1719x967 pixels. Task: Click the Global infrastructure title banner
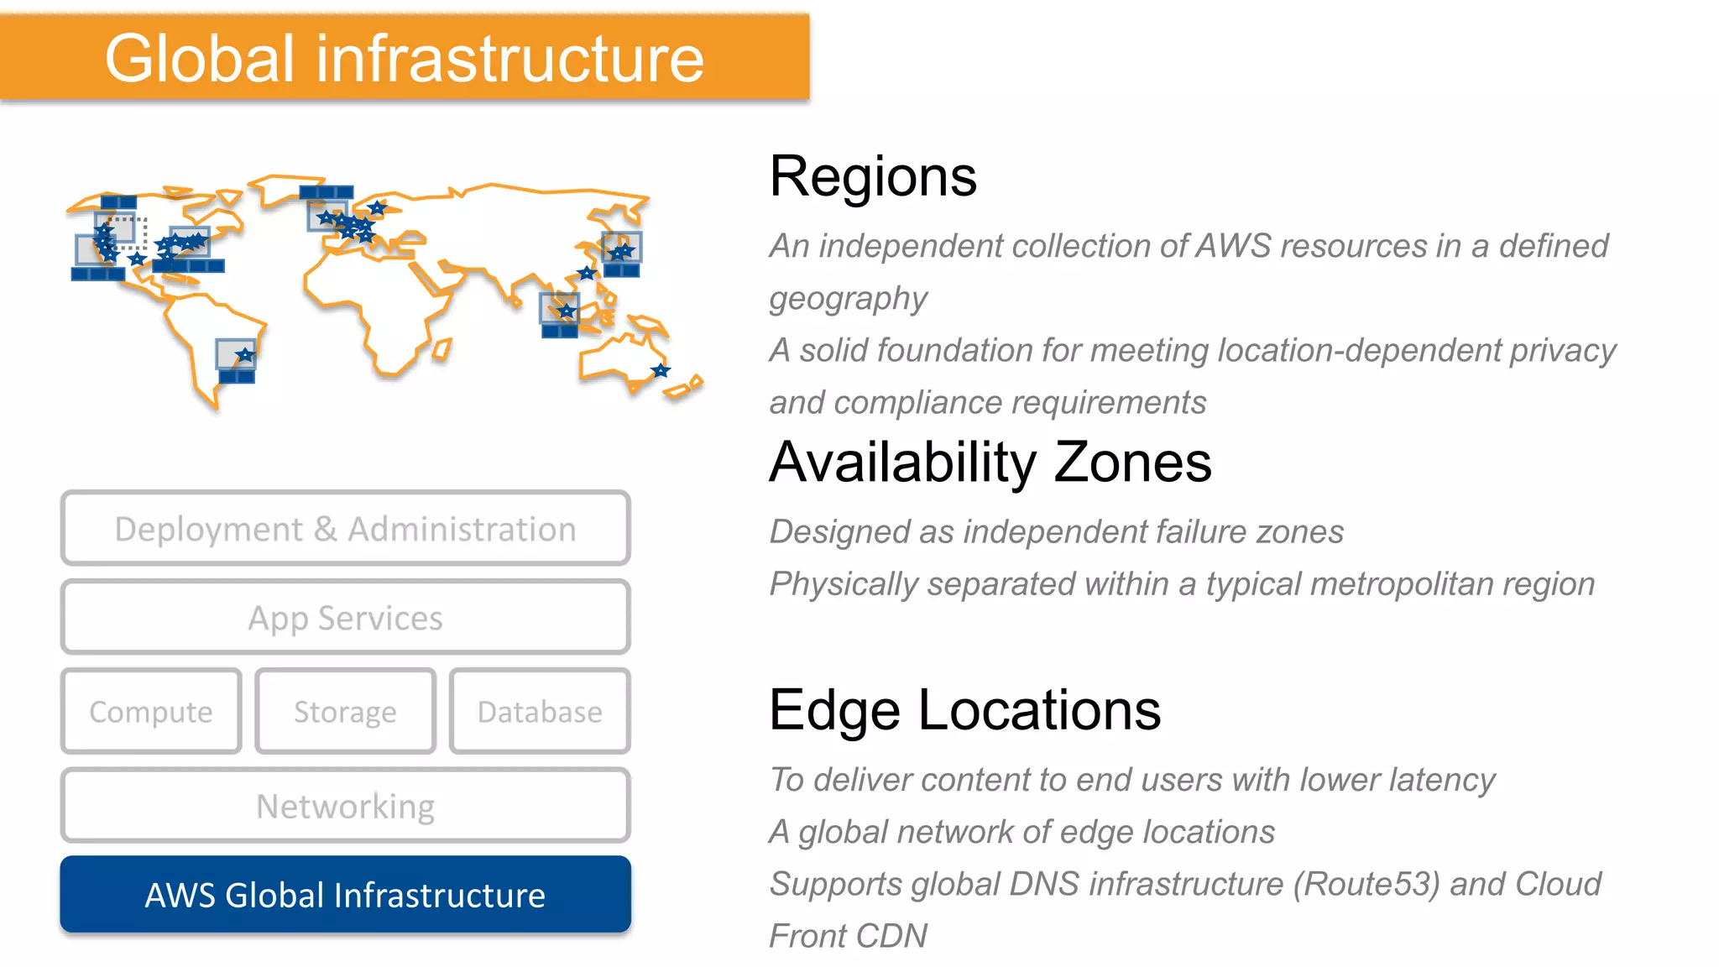405,58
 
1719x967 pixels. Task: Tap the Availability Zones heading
990,463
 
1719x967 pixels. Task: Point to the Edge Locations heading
965,710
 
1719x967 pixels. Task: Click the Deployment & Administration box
345,529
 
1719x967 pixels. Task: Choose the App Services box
345,618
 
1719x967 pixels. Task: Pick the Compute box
151,712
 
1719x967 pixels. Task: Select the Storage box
345,712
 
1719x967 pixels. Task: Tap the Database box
540,712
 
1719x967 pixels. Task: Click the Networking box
345,806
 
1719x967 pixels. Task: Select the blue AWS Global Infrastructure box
345,895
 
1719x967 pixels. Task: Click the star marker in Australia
661,370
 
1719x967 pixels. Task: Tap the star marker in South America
244,356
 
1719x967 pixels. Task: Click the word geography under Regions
848,299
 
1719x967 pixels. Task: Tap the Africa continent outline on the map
378,302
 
